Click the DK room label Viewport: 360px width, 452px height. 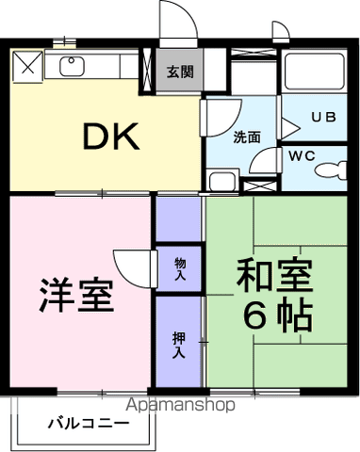pyautogui.click(x=110, y=138)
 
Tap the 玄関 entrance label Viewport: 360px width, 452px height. pyautogui.click(x=178, y=72)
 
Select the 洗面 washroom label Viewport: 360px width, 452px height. pyautogui.click(x=248, y=136)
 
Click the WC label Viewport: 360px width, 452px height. pyautogui.click(x=303, y=154)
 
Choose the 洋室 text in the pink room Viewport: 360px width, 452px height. pyautogui.click(x=77, y=295)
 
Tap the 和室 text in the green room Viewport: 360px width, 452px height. pyautogui.click(x=273, y=277)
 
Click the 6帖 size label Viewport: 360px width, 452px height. pyautogui.click(x=277, y=315)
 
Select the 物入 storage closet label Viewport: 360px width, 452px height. pyautogui.click(x=179, y=270)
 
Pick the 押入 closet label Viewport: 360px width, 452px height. pyautogui.click(x=179, y=344)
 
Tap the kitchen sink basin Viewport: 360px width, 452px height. pyautogui.click(x=71, y=66)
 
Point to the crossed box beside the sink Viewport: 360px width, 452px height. pyautogui.click(x=27, y=65)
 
